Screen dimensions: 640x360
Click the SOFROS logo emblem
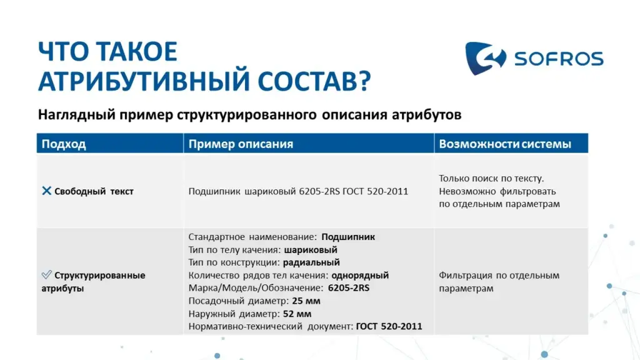(x=485, y=58)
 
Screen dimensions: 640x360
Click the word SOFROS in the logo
(x=559, y=59)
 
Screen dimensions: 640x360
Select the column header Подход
(x=64, y=144)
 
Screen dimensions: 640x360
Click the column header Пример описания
(x=241, y=144)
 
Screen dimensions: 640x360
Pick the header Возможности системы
(x=505, y=144)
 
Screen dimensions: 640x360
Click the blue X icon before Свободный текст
(x=46, y=191)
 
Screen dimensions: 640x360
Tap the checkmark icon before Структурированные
(x=46, y=274)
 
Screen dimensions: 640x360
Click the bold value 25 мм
(x=306, y=301)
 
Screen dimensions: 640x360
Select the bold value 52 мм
(x=297, y=314)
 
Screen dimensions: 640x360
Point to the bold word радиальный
(x=311, y=262)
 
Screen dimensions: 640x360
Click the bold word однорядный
(x=360, y=276)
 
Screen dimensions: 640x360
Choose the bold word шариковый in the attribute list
(x=311, y=250)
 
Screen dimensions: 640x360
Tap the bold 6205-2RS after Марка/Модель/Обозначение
(x=349, y=287)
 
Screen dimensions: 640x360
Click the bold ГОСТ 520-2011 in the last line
(x=389, y=326)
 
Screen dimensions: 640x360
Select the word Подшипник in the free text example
(x=214, y=191)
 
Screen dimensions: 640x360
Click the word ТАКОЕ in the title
(x=137, y=51)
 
